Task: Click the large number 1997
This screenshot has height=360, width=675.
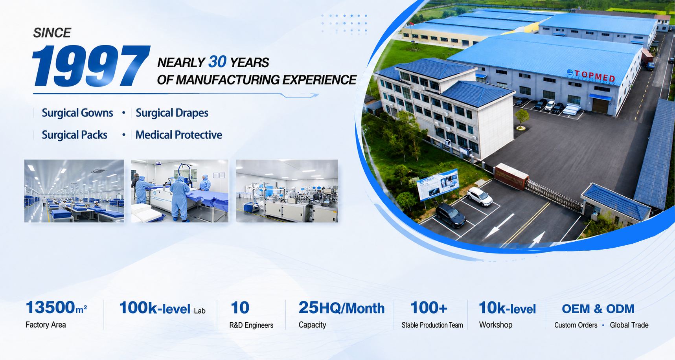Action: tap(91, 66)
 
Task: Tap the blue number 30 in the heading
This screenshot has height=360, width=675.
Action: tap(217, 62)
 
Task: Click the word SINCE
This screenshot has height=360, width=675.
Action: tap(52, 33)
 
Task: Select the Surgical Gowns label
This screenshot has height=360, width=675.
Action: tap(77, 113)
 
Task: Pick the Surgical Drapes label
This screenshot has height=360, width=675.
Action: tap(172, 113)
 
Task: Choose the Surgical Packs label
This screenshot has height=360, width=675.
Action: tap(75, 135)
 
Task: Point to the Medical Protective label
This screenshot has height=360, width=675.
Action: tap(179, 135)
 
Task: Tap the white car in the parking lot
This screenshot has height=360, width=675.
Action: tap(480, 196)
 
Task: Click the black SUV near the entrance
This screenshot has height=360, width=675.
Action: tap(451, 215)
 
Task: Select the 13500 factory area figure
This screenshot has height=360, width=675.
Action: tap(56, 308)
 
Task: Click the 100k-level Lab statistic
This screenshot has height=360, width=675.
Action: tap(162, 308)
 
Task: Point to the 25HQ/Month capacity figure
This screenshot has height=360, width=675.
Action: tap(342, 308)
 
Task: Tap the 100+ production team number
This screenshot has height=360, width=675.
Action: tap(429, 308)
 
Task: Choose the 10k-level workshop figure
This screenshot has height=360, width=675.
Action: tap(507, 308)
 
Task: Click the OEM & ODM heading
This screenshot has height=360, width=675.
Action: tap(598, 309)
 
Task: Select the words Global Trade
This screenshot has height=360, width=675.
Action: tap(629, 325)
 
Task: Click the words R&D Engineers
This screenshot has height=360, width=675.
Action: tap(251, 325)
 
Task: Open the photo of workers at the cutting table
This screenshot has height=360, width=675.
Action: tap(180, 191)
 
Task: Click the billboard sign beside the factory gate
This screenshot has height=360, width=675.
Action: tap(438, 184)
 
